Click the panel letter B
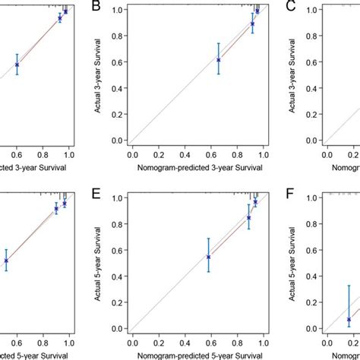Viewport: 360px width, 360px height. click(96, 7)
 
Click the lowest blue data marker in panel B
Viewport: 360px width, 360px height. click(219, 59)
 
